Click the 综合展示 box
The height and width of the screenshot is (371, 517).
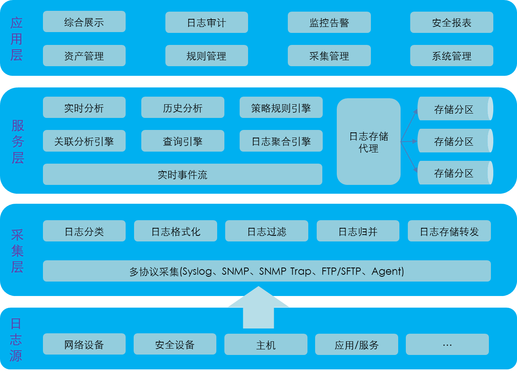[x=84, y=22]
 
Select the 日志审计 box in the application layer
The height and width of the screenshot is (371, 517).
[x=207, y=22]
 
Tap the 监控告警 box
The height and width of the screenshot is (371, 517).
[x=329, y=22]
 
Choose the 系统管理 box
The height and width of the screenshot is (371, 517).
[x=452, y=56]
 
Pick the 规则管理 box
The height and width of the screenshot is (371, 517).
[x=207, y=56]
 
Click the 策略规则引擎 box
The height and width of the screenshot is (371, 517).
[x=281, y=107]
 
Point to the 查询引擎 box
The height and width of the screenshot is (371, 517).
[x=183, y=141]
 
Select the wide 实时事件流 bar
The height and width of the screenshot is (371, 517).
[x=183, y=174]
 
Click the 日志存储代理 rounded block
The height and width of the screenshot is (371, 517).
[x=368, y=142]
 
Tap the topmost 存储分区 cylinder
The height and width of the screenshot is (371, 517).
[x=454, y=109]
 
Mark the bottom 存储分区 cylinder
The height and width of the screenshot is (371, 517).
[x=454, y=173]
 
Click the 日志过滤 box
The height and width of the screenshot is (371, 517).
[x=267, y=231]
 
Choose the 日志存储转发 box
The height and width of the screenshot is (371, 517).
[x=449, y=231]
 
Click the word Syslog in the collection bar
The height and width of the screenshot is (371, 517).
[x=197, y=272]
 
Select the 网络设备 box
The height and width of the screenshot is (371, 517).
[x=84, y=345]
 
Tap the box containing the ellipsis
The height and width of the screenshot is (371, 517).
[x=447, y=345]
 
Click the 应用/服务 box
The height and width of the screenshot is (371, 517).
[x=356, y=345]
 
